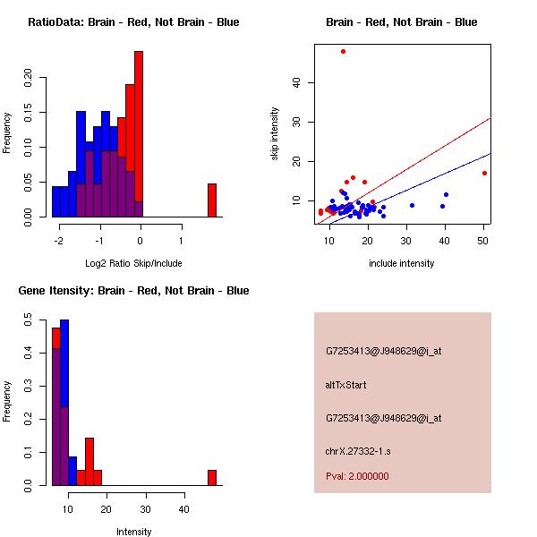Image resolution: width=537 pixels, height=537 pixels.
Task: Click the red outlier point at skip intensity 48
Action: point(343,51)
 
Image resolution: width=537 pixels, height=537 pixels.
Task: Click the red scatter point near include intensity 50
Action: point(484,173)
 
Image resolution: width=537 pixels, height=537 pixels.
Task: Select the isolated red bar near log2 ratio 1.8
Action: point(212,200)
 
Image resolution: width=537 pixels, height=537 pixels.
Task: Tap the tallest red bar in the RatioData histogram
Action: point(139,134)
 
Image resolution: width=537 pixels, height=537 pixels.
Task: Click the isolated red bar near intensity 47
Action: point(212,477)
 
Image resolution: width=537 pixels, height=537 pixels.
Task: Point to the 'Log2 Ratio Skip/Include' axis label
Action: point(133,263)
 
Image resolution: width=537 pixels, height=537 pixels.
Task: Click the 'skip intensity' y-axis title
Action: point(275,134)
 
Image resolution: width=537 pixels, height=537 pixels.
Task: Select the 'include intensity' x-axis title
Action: point(401,263)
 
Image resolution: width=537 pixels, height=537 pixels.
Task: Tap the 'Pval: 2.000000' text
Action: point(357,476)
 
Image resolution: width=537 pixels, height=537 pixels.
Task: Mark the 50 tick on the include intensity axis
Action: point(484,241)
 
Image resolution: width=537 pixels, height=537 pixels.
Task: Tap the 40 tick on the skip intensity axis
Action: point(296,82)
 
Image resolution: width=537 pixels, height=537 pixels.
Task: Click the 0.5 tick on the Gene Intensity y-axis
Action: point(28,318)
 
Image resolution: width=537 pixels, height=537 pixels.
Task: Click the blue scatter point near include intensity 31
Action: point(412,205)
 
